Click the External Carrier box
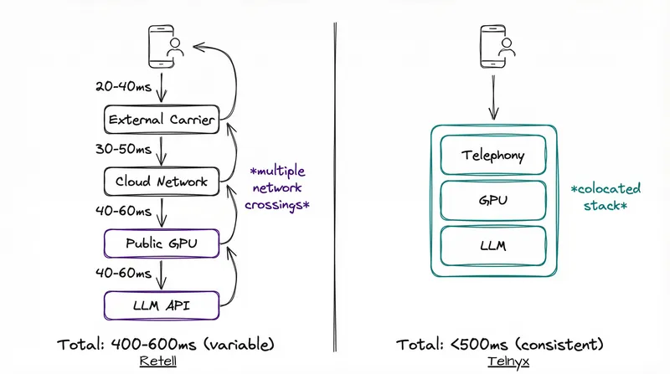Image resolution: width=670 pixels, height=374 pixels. (161, 120)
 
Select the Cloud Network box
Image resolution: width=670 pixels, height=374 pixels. (161, 182)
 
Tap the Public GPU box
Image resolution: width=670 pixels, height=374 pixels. (161, 243)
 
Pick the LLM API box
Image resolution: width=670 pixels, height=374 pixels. (161, 305)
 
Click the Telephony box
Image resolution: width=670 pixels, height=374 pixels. (493, 156)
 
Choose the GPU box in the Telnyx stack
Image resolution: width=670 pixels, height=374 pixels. (493, 201)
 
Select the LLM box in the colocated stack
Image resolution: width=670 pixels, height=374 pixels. (493, 246)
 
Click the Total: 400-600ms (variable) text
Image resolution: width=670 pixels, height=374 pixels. (165, 344)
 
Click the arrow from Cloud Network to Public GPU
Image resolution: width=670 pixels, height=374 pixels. (161, 213)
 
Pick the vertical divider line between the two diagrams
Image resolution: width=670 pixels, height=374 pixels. (335, 184)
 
